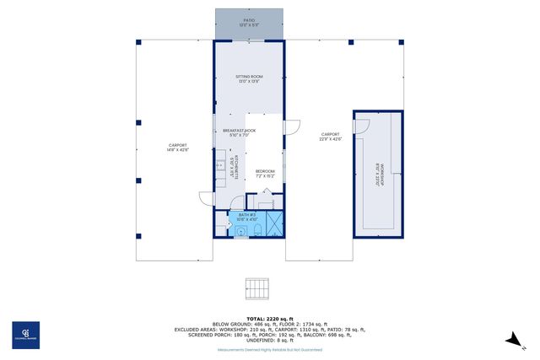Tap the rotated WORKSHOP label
[380, 174]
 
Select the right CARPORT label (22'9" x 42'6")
[330, 136]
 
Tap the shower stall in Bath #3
[273, 224]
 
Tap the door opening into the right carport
[293, 126]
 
